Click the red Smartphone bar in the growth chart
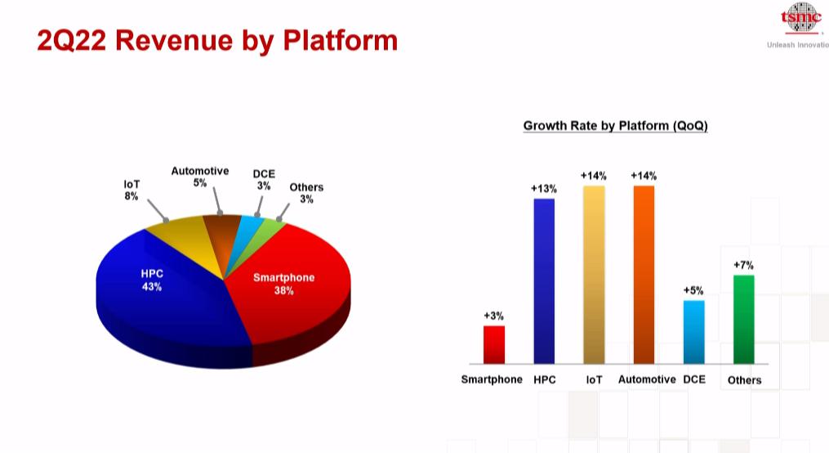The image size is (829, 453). (x=494, y=344)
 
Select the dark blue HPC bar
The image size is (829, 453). (x=544, y=281)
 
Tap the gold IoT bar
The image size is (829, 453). (x=594, y=275)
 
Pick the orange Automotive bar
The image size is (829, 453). (x=644, y=275)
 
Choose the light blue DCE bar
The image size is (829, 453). (x=693, y=332)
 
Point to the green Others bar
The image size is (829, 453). (x=744, y=319)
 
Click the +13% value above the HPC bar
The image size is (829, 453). (x=544, y=188)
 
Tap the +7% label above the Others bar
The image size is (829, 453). (x=743, y=265)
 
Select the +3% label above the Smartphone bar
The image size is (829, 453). (x=494, y=316)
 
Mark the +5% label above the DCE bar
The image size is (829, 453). (x=693, y=290)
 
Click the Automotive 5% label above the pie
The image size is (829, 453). (x=200, y=177)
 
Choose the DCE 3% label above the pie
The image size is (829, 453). (x=264, y=180)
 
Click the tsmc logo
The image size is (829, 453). (x=801, y=17)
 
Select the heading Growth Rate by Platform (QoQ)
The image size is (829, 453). (x=615, y=126)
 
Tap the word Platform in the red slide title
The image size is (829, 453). (x=341, y=40)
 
